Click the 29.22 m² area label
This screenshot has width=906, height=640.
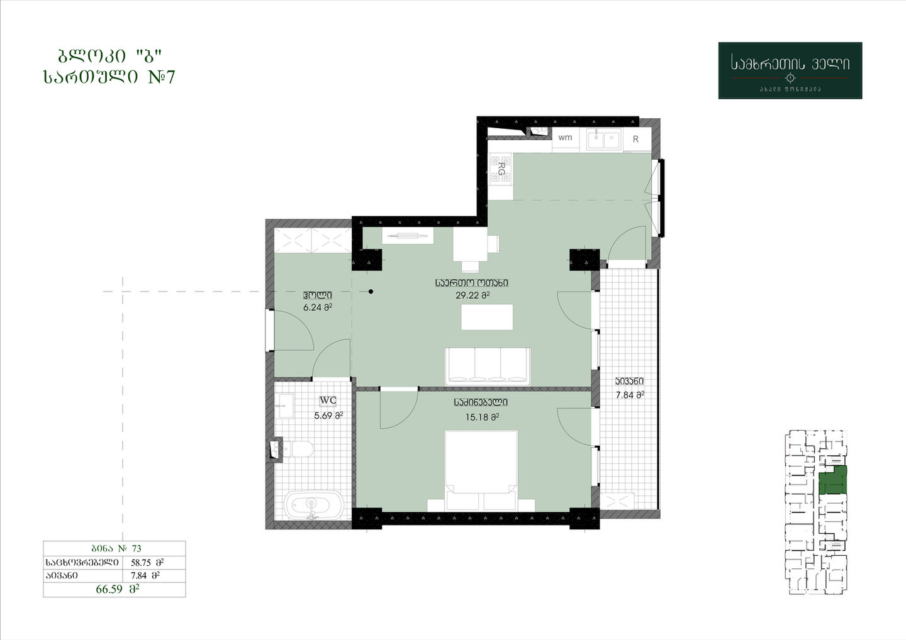[x=473, y=295]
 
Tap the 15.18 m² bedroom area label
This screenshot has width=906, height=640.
[x=482, y=417]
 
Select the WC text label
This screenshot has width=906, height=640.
[x=328, y=400]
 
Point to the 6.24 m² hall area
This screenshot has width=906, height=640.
[x=318, y=307]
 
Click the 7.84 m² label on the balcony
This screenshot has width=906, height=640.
[x=630, y=395]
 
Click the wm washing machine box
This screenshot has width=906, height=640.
[x=566, y=138]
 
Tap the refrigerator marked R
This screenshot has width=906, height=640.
[x=637, y=139]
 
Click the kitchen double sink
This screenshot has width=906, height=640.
[x=603, y=139]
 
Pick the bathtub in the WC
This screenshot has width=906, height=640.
[x=313, y=506]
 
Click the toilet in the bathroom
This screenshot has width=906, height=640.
[x=298, y=449]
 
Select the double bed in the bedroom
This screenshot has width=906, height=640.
[x=481, y=471]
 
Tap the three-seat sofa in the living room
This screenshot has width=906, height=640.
[x=488, y=367]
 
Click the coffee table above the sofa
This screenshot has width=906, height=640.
[x=487, y=317]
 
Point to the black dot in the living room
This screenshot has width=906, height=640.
[x=371, y=291]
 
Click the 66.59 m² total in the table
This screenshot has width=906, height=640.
[x=118, y=589]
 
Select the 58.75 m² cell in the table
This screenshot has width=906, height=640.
[x=147, y=563]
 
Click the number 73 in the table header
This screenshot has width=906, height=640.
[x=137, y=548]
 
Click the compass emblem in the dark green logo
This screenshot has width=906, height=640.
[x=790, y=77]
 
